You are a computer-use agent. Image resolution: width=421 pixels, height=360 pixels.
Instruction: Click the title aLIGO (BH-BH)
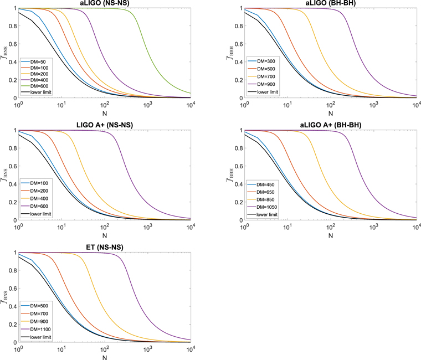330,3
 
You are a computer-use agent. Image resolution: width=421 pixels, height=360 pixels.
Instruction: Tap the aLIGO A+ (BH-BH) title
330,125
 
